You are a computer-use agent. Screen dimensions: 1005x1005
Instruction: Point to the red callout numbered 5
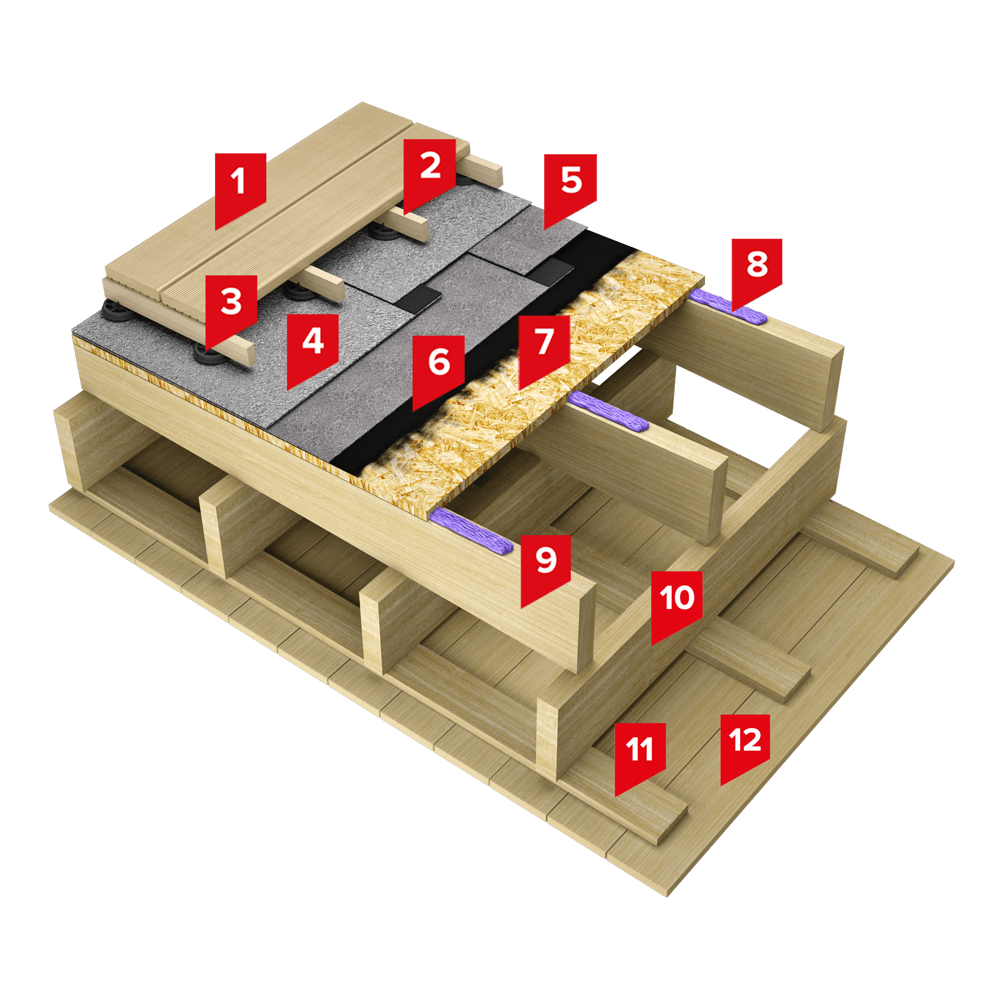pyautogui.click(x=570, y=187)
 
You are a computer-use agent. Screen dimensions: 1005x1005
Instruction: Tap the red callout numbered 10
pyautogui.click(x=677, y=604)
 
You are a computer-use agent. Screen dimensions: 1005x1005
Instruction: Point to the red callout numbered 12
pyautogui.click(x=745, y=745)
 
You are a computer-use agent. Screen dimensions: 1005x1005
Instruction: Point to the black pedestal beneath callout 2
pyautogui.click(x=385, y=230)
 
